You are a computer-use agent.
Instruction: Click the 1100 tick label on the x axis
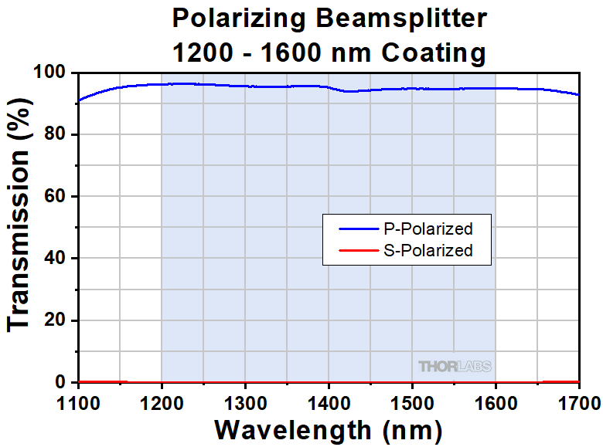78,402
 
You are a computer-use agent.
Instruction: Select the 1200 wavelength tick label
162,402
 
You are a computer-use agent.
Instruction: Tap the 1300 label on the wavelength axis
245,402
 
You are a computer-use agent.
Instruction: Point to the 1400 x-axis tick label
329,402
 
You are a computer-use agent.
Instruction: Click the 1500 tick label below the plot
412,402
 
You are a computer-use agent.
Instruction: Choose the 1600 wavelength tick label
496,402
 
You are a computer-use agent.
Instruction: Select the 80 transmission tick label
58,135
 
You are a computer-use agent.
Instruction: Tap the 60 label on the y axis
58,197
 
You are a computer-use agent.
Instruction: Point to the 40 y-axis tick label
58,259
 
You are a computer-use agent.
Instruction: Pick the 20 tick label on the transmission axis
58,320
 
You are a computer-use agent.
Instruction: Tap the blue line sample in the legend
357,229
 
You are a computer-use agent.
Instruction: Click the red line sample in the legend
357,250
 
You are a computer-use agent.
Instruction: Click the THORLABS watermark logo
455,366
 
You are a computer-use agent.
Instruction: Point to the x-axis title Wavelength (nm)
328,428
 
